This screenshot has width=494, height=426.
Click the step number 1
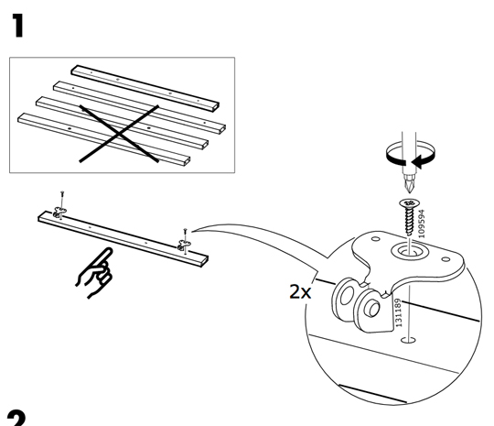(x=17, y=26)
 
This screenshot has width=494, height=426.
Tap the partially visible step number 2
(x=16, y=418)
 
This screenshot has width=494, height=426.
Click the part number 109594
(x=421, y=224)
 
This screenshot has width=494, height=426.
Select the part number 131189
(x=398, y=312)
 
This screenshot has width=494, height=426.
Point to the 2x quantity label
(x=300, y=292)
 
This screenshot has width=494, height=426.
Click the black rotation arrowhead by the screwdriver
(x=418, y=162)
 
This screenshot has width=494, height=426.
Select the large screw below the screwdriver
(x=410, y=216)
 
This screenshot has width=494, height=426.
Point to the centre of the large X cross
(x=120, y=134)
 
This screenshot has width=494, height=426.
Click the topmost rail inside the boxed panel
(x=145, y=88)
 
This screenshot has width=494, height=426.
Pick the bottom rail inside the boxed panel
(x=104, y=139)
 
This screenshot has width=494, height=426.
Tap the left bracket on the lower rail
(x=59, y=212)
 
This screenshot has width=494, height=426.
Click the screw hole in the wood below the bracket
(x=408, y=340)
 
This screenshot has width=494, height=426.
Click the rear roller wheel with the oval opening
(x=346, y=297)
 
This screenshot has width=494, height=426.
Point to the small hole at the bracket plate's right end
(x=446, y=259)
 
